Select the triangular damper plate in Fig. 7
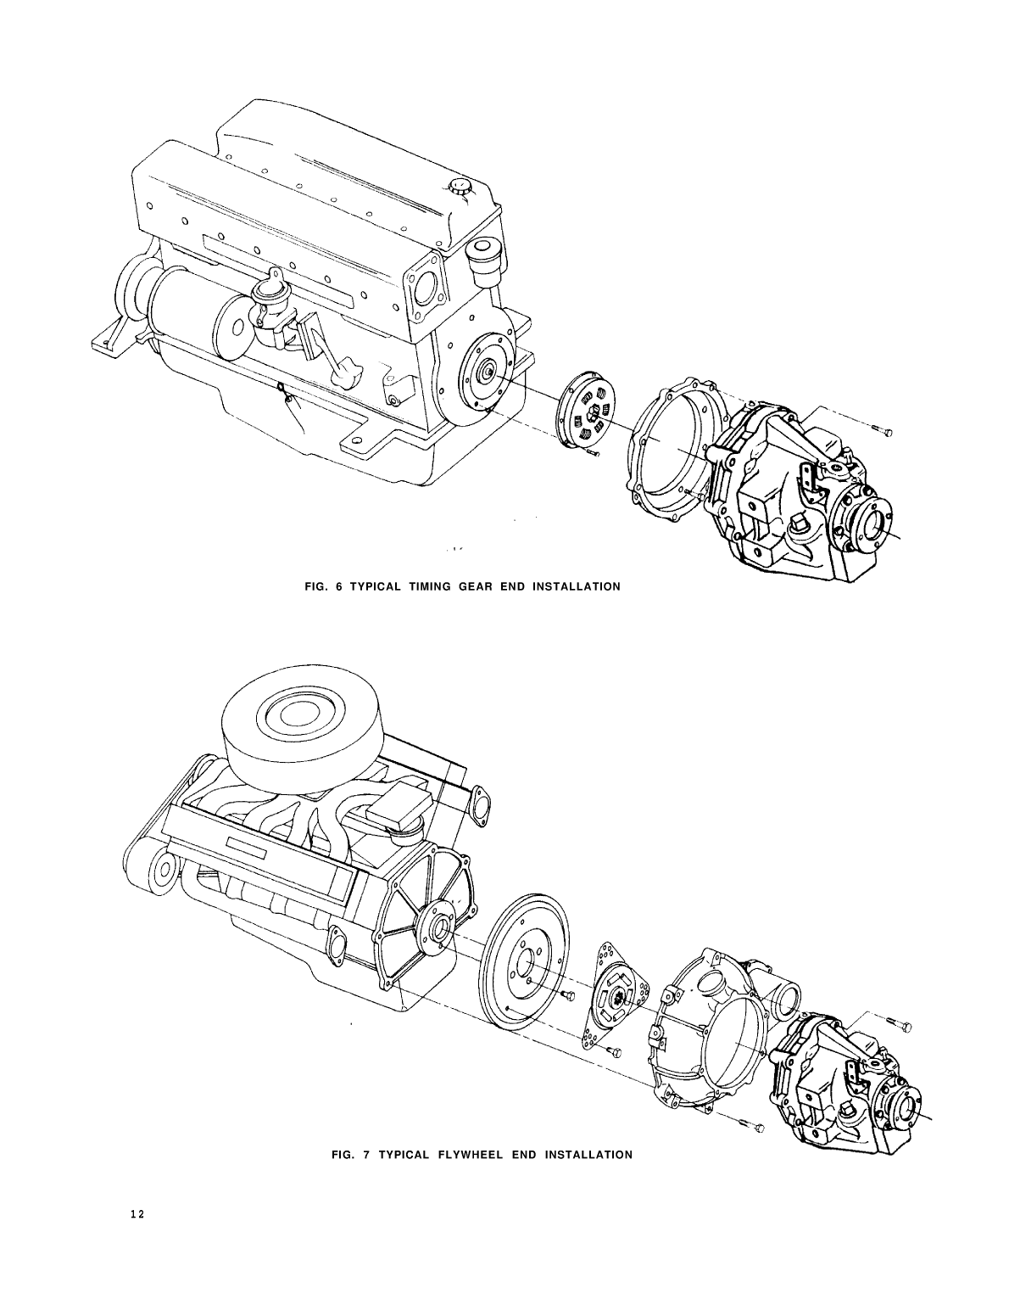point(616,994)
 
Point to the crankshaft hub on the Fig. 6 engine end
point(489,372)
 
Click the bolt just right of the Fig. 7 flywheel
point(569,994)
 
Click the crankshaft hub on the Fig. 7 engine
point(438,927)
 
